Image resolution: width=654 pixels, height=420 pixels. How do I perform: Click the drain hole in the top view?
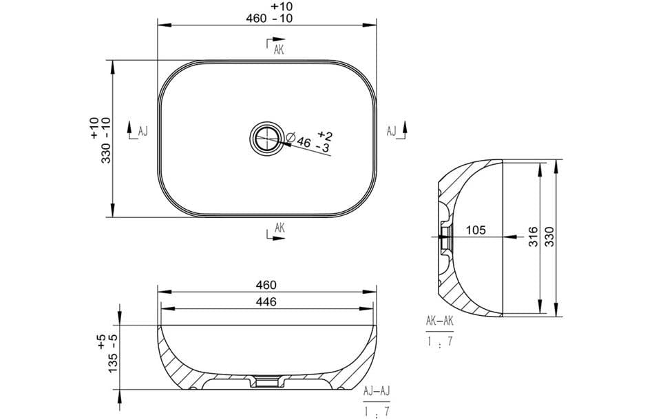266,137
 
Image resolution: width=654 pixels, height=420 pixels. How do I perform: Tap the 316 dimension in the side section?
533,237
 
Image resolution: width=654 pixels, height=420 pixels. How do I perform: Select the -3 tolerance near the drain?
321,148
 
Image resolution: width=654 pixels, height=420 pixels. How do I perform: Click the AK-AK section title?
439,321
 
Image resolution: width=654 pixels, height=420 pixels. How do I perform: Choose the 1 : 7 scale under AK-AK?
439,339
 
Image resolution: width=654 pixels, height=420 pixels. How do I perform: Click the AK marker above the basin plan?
278,50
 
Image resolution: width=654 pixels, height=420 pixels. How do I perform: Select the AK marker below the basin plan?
279,227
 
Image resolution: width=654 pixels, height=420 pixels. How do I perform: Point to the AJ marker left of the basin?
143,130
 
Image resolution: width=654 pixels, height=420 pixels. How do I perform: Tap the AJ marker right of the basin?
391,130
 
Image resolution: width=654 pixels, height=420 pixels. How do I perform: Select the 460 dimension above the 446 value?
266,284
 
